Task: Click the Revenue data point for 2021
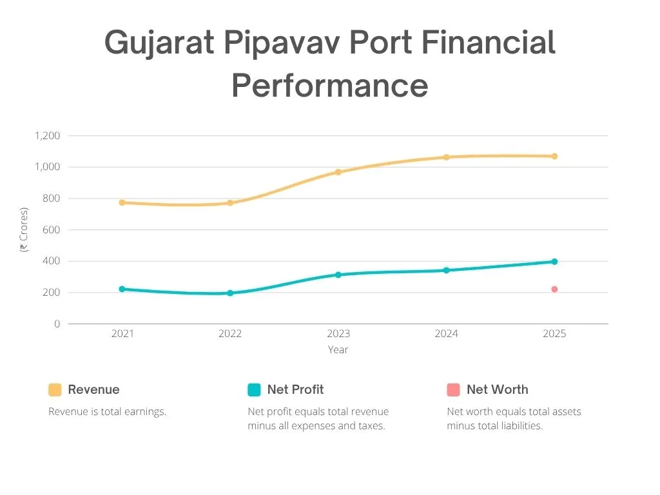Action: point(122,202)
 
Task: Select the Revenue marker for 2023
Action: point(338,172)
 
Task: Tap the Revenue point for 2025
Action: point(554,156)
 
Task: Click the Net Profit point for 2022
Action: point(230,293)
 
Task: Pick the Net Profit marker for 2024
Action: point(446,270)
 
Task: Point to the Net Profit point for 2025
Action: point(554,262)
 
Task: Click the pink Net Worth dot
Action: point(554,289)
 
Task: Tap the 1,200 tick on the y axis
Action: point(47,136)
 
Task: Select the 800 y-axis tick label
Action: point(51,199)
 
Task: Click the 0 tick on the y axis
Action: point(57,324)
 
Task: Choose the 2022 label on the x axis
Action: point(230,334)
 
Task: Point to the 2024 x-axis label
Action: point(446,334)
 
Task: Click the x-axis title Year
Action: point(338,350)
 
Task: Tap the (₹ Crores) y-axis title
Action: point(24,229)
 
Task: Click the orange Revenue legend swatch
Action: point(55,390)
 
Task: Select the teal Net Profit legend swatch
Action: point(254,390)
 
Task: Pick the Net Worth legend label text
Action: point(497,390)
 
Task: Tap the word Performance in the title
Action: point(330,86)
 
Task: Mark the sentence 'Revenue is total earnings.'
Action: point(108,412)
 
